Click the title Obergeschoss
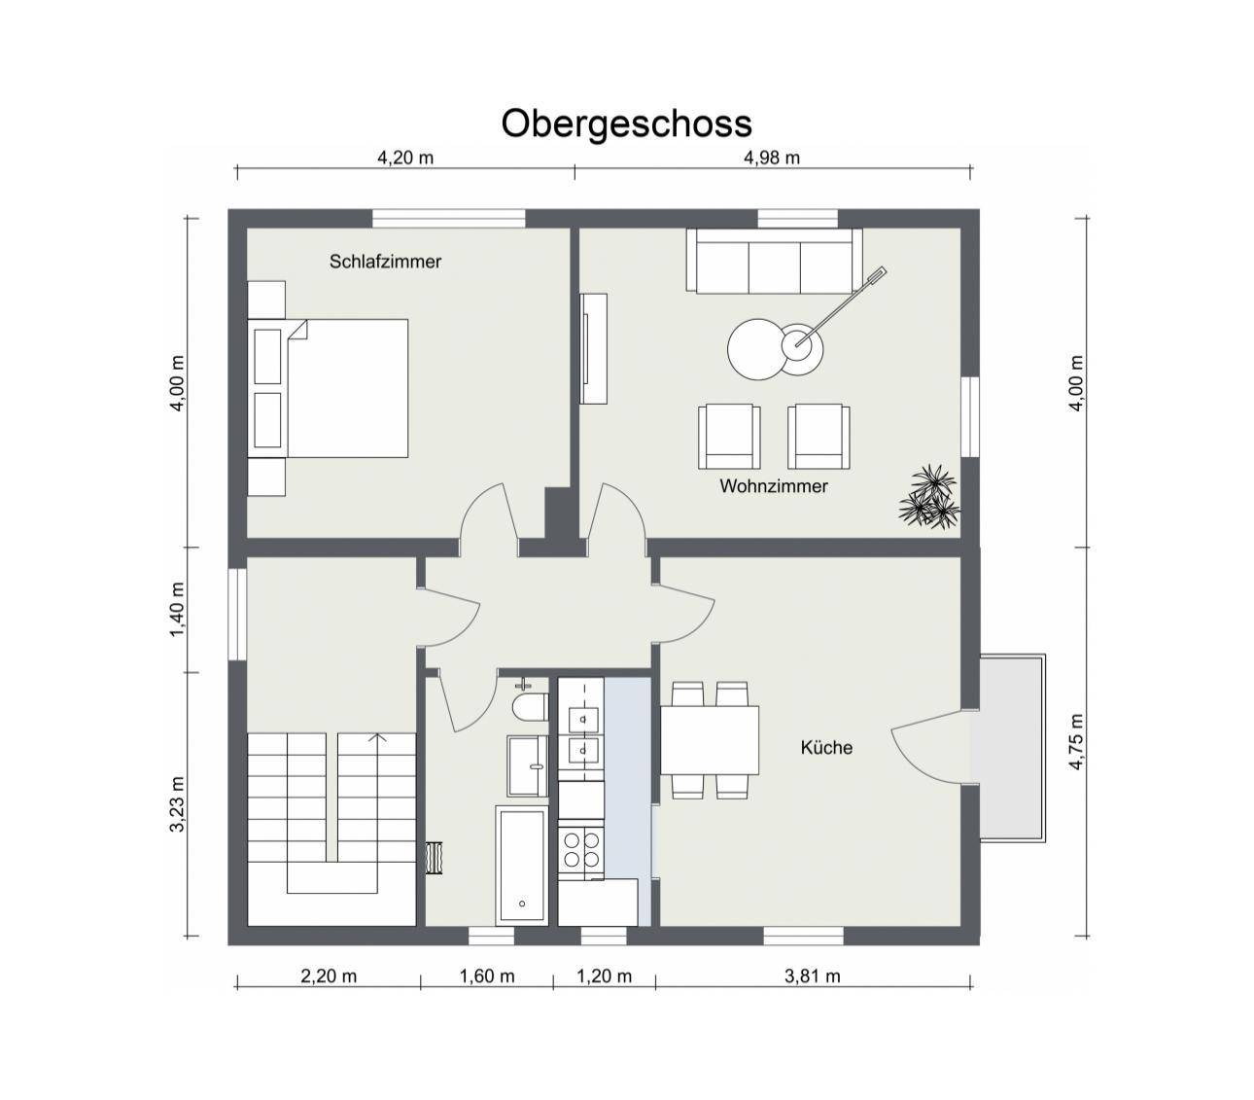pos(626,124)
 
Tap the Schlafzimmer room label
pos(385,262)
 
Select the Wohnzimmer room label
pos(773,485)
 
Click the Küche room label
pos(826,747)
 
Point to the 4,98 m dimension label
pos(772,158)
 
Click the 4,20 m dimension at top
pos(405,158)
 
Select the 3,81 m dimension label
pos(812,976)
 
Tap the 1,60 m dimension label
pos(487,976)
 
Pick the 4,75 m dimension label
pos(1076,741)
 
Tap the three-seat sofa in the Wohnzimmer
pos(774,261)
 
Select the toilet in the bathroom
pos(529,704)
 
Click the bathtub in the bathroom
pos(521,865)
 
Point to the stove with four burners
pos(581,846)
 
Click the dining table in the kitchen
pos(710,739)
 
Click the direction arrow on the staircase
pos(377,739)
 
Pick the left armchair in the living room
pos(729,435)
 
